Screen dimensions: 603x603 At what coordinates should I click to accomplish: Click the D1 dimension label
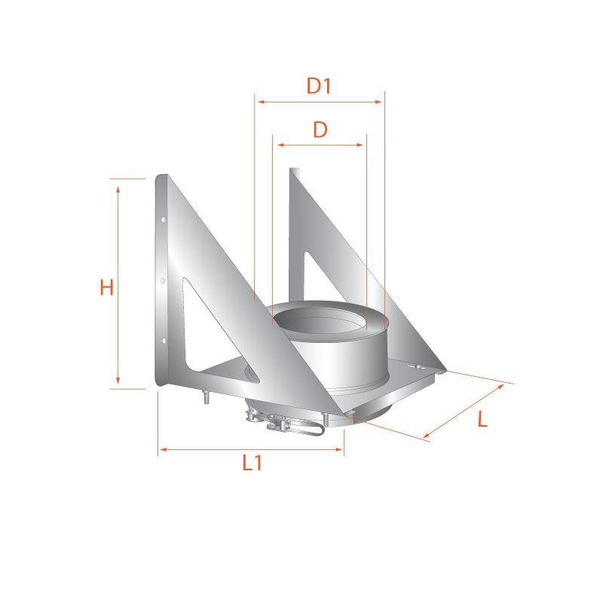319,86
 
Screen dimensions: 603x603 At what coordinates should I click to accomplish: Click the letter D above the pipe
320,130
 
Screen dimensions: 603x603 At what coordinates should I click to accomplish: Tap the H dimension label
106,287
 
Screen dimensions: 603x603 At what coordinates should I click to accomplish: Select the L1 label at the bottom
253,463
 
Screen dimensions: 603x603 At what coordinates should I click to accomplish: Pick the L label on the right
482,419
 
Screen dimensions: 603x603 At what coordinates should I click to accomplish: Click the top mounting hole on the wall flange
163,219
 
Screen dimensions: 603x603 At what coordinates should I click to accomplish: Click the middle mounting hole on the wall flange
163,281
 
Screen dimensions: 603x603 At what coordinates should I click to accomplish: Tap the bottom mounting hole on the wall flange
164,341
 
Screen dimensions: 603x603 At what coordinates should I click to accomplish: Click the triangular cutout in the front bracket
216,338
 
